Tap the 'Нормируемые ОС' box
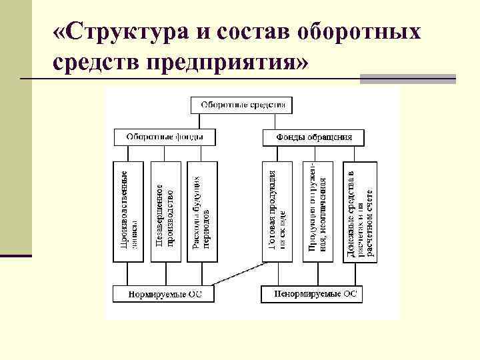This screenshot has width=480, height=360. click(164, 294)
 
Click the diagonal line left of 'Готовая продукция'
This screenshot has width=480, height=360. click(241, 275)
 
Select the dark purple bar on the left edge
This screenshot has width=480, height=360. click(16, 255)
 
